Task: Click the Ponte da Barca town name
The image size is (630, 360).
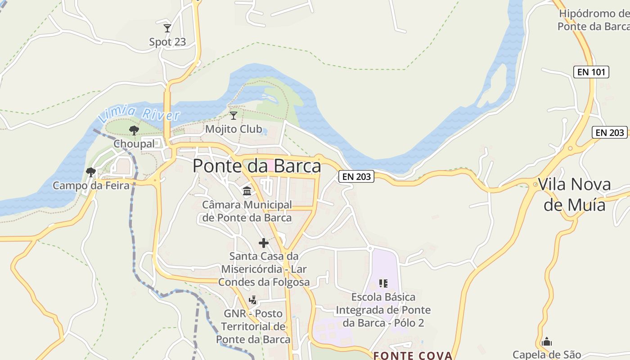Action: pyautogui.click(x=257, y=166)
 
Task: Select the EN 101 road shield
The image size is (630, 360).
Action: pyautogui.click(x=591, y=72)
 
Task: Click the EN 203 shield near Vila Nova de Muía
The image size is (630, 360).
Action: pyautogui.click(x=610, y=132)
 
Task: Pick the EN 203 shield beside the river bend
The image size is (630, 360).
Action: pyautogui.click(x=357, y=177)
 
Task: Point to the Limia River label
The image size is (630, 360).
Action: pyautogui.click(x=139, y=112)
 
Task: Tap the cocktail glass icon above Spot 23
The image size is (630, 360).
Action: pyautogui.click(x=167, y=28)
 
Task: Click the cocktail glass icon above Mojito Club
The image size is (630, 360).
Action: pyautogui.click(x=233, y=116)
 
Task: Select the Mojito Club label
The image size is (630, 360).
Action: pyautogui.click(x=233, y=129)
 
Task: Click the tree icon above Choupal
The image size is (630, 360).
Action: pyautogui.click(x=134, y=130)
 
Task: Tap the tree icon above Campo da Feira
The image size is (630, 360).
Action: pyautogui.click(x=90, y=172)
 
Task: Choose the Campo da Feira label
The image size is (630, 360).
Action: pyautogui.click(x=91, y=185)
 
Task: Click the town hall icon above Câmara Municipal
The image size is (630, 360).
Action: pyautogui.click(x=247, y=192)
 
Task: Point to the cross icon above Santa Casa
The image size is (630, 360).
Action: pyautogui.click(x=264, y=243)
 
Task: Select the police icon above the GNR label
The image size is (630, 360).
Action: pyautogui.click(x=253, y=300)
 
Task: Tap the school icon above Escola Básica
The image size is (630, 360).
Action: pyautogui.click(x=383, y=283)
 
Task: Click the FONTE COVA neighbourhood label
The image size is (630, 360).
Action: pyautogui.click(x=413, y=355)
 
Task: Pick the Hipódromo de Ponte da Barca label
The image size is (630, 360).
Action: pyautogui.click(x=594, y=20)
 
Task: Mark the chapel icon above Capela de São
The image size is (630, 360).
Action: pyautogui.click(x=547, y=342)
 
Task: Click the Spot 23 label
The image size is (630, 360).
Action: pyautogui.click(x=167, y=42)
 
